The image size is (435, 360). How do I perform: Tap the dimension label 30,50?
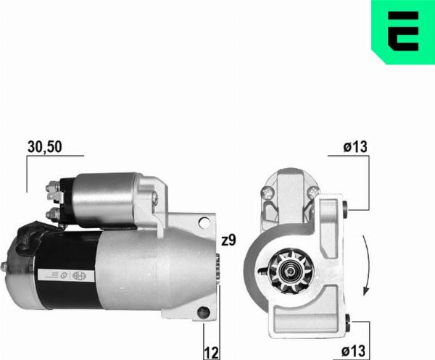point(45,146)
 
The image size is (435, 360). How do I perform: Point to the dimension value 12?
point(212,352)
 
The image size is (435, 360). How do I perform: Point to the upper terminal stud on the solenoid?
point(52,191)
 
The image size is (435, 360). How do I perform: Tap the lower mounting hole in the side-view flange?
point(204,312)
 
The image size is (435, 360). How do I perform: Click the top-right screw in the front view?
point(312,191)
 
